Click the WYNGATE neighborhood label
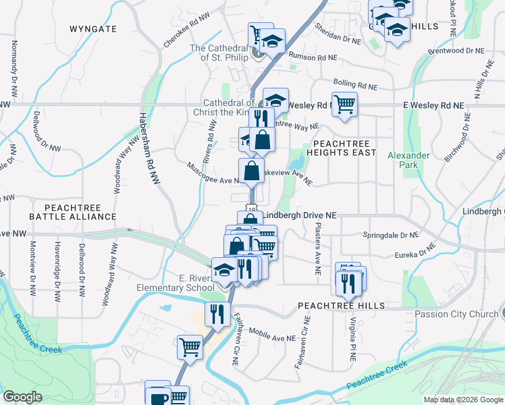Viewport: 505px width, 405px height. pyautogui.click(x=93, y=29)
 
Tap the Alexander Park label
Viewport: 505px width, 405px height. pyautogui.click(x=408, y=160)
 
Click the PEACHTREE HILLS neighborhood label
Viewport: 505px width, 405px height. pyautogui.click(x=342, y=306)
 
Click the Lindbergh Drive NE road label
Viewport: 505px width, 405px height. pyautogui.click(x=299, y=215)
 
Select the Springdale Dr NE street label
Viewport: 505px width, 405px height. pyautogui.click(x=391, y=236)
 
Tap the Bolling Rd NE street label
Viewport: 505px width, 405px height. pyautogui.click(x=354, y=86)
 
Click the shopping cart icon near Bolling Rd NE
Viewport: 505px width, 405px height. pyautogui.click(x=344, y=104)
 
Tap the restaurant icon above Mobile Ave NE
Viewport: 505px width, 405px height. pyautogui.click(x=217, y=314)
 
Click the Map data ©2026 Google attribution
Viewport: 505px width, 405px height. pyautogui.click(x=463, y=400)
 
